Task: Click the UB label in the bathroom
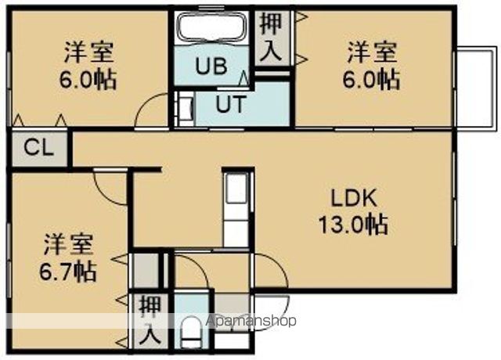coord(211,66)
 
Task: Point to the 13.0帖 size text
coord(352,225)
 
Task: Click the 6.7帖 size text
coord(68,272)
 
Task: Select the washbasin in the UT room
coord(186,110)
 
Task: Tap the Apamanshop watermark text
coord(251,321)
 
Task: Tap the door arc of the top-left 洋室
coord(153,110)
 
